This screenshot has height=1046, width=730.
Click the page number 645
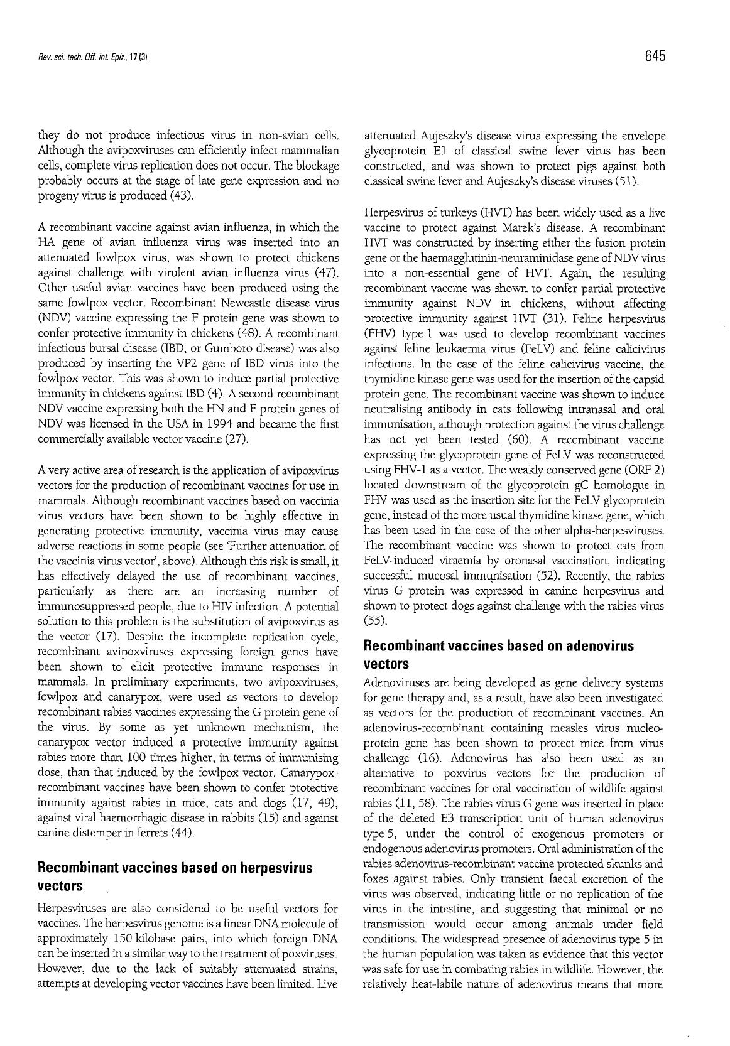click(654, 57)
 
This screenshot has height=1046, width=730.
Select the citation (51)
click(626, 182)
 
